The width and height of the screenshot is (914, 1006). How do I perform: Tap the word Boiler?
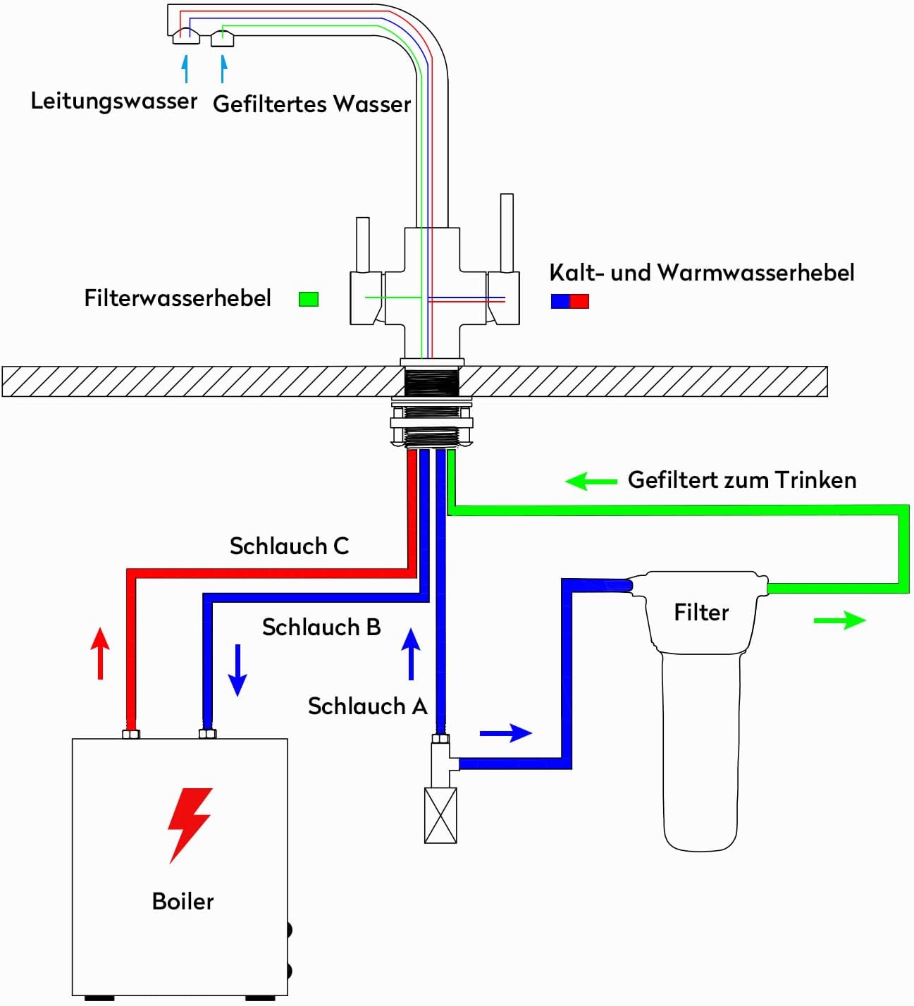(183, 902)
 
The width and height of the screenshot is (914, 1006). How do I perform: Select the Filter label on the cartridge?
(701, 613)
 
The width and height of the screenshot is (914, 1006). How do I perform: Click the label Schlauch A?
(368, 706)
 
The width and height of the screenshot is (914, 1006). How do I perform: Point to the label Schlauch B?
(321, 627)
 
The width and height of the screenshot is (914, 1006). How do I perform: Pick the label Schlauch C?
(290, 546)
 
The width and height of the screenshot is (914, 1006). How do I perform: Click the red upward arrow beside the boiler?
(100, 654)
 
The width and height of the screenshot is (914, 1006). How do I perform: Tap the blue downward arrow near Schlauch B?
(237, 670)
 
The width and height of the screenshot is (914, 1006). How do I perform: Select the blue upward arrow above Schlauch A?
(411, 654)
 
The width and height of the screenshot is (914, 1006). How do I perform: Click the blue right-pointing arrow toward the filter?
(506, 733)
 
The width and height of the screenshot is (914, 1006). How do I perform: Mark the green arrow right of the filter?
(840, 620)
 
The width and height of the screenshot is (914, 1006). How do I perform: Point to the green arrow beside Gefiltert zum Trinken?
(591, 481)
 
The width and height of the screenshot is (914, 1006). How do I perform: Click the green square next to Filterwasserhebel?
(309, 299)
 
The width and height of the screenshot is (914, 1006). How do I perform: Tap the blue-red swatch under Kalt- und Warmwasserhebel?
(569, 301)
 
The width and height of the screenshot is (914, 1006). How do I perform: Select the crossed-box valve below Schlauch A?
(440, 816)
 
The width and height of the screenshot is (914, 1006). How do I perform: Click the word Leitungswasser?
(114, 101)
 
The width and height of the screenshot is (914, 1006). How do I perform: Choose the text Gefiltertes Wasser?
(312, 104)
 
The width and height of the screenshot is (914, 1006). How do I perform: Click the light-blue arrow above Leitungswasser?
(185, 68)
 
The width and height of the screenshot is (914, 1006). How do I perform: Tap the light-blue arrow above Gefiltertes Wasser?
(223, 68)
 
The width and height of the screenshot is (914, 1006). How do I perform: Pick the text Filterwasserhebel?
(178, 298)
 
